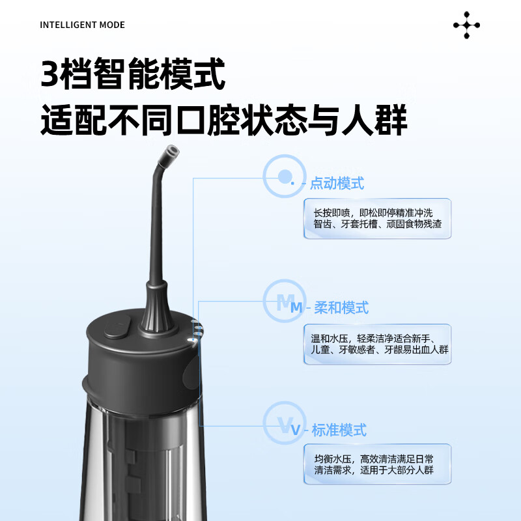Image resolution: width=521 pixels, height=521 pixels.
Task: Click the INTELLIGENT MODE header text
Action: point(82,25)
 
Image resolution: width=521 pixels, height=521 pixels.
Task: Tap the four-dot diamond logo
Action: point(466,25)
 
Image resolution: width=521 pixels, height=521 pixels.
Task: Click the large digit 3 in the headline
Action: point(49,76)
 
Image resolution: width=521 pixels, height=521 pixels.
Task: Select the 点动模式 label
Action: point(336,183)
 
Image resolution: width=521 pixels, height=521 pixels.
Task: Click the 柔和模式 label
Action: point(341,307)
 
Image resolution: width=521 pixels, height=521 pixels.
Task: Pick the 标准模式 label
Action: point(339,430)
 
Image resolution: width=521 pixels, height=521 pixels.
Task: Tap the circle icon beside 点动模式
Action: point(285,176)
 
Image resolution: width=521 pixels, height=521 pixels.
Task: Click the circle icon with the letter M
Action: point(285,301)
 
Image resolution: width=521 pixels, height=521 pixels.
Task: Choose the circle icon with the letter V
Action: point(285,424)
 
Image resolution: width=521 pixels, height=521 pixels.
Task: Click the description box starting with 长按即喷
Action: point(377,218)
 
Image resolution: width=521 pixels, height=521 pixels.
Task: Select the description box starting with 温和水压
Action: point(377,344)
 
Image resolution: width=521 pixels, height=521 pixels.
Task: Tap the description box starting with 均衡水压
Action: point(377,464)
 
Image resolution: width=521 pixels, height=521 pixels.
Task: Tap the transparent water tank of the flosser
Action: point(140,456)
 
